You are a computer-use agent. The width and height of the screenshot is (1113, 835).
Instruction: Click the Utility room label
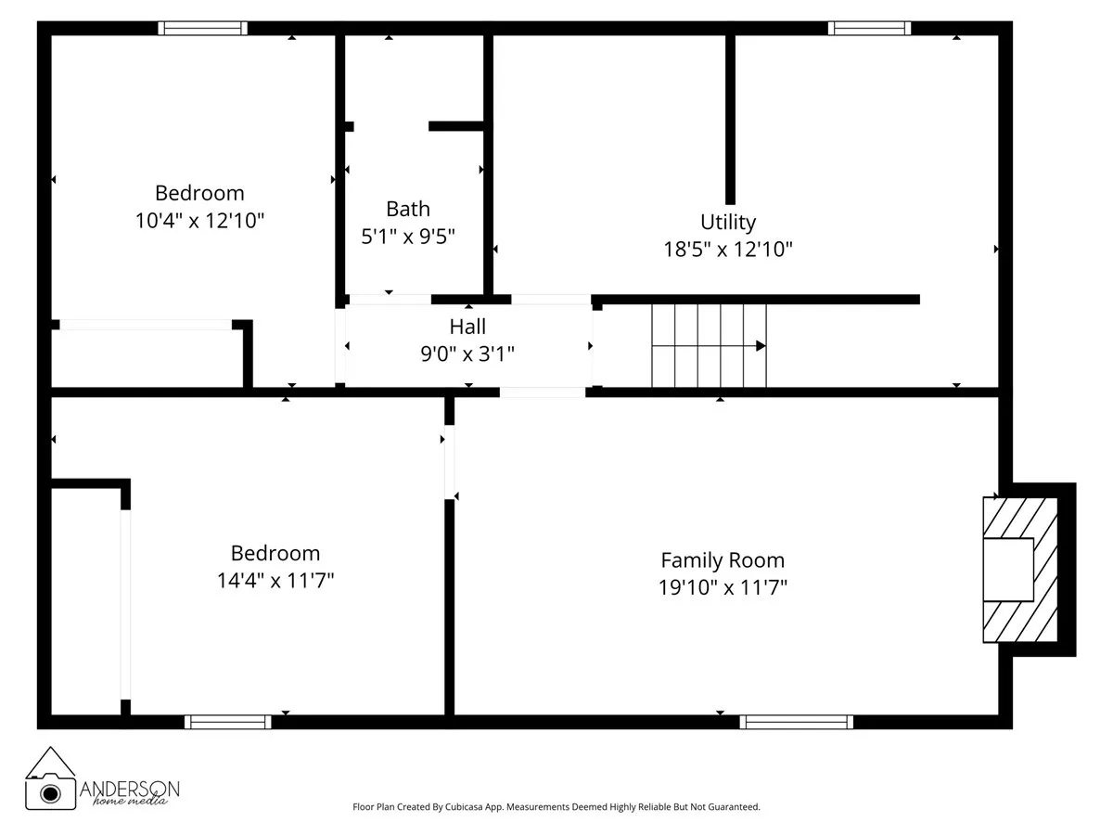click(x=728, y=222)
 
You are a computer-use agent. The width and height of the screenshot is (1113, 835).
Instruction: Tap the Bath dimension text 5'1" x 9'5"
click(x=408, y=237)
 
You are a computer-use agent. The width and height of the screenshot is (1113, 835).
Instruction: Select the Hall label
click(x=467, y=327)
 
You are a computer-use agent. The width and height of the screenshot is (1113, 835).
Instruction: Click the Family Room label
click(x=723, y=560)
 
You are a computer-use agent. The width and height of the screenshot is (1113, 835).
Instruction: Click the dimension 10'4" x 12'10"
click(x=199, y=221)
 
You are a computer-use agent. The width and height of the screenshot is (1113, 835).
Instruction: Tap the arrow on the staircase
click(x=759, y=346)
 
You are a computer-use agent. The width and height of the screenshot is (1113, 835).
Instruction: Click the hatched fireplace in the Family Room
click(x=1019, y=570)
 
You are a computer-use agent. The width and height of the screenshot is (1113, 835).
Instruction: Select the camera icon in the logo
click(x=50, y=791)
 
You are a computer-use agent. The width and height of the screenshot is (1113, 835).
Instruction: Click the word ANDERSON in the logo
click(x=130, y=788)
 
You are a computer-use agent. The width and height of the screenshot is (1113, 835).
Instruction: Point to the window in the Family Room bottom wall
click(x=796, y=721)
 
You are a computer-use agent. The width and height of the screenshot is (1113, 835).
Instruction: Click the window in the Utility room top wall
click(x=869, y=29)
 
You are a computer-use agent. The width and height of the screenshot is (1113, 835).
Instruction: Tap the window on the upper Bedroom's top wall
click(x=202, y=29)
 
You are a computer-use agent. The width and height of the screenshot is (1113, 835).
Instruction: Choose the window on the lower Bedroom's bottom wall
click(x=228, y=721)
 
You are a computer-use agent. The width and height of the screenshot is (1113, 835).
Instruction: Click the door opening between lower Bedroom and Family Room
click(x=450, y=462)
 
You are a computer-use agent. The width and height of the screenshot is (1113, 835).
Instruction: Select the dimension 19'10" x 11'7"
click(x=723, y=587)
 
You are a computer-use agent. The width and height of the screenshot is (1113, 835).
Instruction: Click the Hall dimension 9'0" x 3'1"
click(x=468, y=353)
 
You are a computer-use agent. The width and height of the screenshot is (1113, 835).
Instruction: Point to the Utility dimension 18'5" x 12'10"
click(x=728, y=249)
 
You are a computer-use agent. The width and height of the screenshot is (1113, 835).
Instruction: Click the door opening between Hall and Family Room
click(x=543, y=392)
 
